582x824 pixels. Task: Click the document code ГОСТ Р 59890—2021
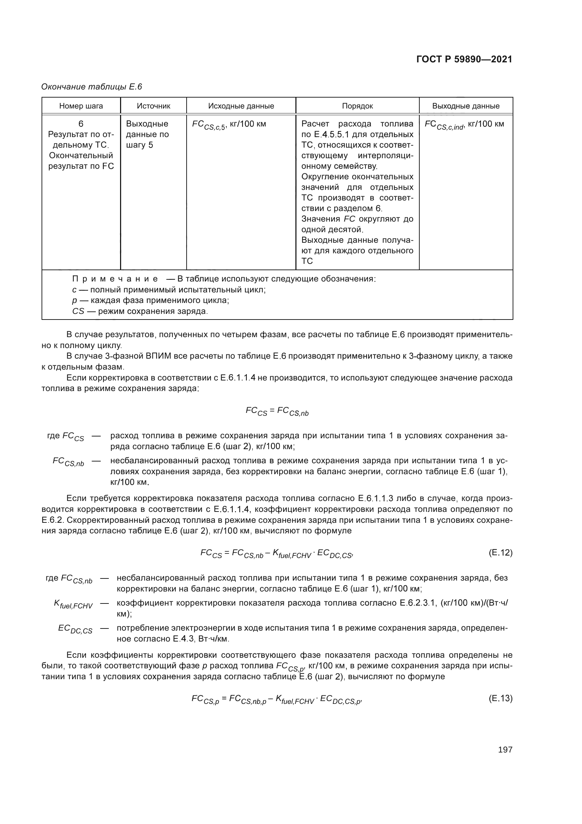tap(464, 60)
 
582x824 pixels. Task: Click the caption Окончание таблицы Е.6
tap(92, 87)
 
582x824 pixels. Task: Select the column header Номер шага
tap(81, 106)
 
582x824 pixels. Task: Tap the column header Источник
tap(154, 106)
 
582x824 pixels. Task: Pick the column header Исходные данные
tap(241, 106)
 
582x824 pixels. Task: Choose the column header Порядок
tap(357, 106)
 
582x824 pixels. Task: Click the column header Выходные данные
tap(465, 106)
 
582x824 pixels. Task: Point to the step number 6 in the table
tap(81, 124)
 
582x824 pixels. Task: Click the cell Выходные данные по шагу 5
tap(147, 135)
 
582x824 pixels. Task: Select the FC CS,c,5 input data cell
tap(229, 124)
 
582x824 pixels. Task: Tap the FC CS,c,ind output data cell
tap(464, 124)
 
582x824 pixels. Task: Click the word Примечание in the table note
tap(115, 279)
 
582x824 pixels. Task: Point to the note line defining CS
tap(140, 311)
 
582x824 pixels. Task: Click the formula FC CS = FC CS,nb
tap(277, 411)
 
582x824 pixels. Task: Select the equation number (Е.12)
tap(500, 553)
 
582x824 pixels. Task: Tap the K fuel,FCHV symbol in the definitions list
tap(73, 605)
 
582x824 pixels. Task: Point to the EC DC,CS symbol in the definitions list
tap(75, 629)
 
